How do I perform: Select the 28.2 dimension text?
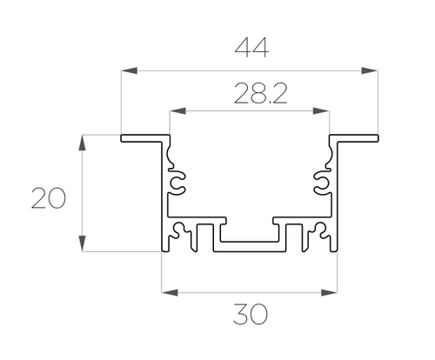pyautogui.click(x=250, y=93)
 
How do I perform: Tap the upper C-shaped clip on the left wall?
pyautogui.click(x=177, y=183)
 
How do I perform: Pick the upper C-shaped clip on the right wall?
pyautogui.click(x=321, y=183)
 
